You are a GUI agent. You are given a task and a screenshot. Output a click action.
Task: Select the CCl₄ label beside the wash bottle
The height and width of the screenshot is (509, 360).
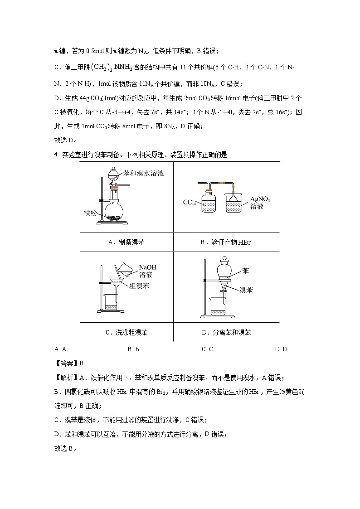189,203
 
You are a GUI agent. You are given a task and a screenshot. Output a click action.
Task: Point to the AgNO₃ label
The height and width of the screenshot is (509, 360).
263,199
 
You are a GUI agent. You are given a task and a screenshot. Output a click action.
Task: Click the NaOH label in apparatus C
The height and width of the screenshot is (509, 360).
147,267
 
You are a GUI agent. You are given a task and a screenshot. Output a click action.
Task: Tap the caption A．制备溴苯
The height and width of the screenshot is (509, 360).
126,242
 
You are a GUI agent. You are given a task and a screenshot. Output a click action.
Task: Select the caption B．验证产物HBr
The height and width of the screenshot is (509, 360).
226,242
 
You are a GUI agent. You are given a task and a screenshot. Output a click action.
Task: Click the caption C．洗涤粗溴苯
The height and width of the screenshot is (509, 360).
126,332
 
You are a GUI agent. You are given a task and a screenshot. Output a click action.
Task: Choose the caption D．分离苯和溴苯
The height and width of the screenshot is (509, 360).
226,332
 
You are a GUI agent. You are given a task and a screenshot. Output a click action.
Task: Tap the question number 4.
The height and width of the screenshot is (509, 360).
56,155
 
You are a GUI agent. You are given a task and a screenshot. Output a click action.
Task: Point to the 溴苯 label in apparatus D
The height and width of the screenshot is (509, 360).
246,291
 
